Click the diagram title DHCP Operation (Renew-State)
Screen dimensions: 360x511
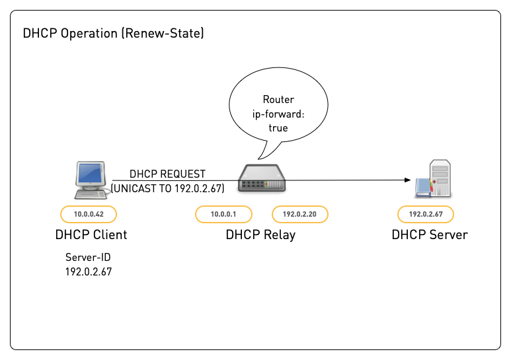coord(113,34)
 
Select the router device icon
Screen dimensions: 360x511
coord(262,180)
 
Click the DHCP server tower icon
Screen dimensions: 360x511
coord(436,178)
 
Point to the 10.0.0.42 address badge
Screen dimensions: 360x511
coord(89,214)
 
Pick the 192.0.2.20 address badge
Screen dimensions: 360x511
coord(300,214)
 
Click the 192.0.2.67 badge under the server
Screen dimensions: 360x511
coord(426,214)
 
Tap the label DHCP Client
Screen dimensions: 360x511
coord(91,234)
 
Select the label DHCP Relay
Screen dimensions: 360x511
coord(260,234)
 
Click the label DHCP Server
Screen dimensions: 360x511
coord(430,234)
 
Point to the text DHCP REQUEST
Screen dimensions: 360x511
coord(167,174)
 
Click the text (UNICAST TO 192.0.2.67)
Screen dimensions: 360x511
coord(168,188)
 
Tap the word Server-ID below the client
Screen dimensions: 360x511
coord(89,258)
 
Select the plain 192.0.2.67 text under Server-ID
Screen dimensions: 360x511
coord(89,271)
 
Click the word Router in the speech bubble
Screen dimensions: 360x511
coord(278,100)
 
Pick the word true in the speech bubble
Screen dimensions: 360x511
coord(278,127)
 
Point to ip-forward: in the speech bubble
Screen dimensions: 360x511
coord(278,114)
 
